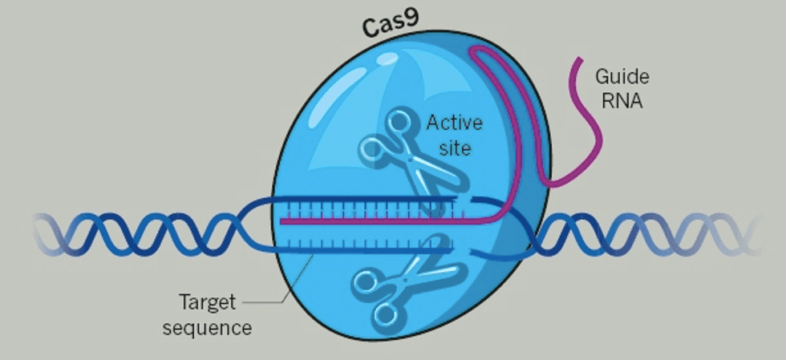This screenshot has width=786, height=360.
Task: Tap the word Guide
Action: pos(622,78)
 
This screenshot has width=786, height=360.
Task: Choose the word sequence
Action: pos(208,327)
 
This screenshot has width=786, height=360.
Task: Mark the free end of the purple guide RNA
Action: pos(577,60)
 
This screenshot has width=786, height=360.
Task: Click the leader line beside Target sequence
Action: pos(273,300)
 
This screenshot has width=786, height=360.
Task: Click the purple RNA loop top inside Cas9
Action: pos(481,51)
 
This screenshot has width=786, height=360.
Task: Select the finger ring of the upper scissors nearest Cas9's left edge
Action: pos(372,148)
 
